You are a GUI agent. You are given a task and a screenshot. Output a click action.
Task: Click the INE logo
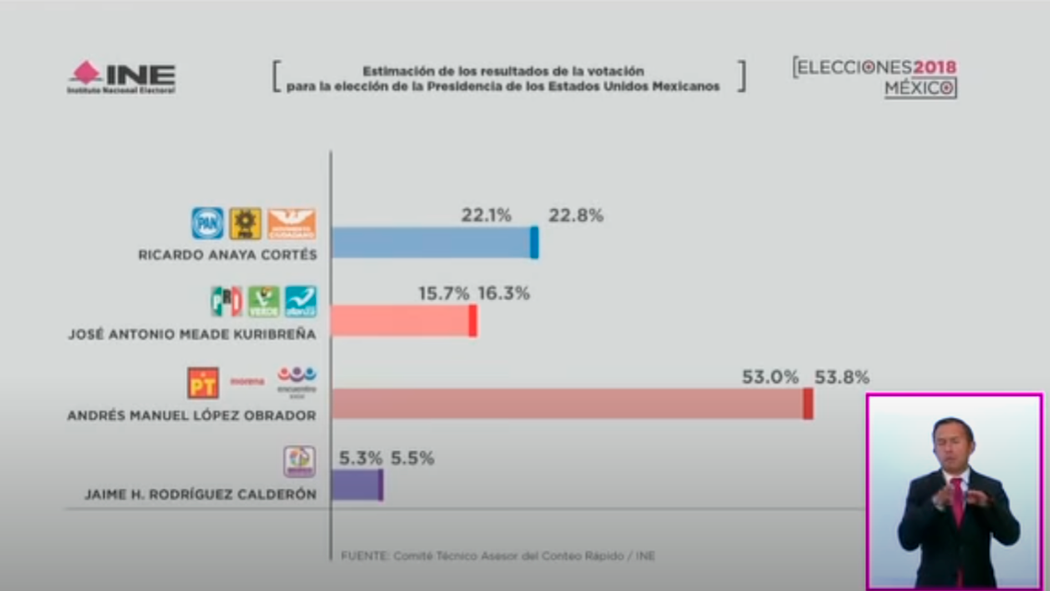point(121,77)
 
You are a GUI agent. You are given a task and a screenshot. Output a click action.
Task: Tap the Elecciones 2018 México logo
point(875,77)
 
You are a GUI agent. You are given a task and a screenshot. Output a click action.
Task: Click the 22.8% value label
point(576,215)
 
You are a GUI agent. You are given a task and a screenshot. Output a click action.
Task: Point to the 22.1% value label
point(486,215)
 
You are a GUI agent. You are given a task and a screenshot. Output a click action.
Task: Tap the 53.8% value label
point(841,377)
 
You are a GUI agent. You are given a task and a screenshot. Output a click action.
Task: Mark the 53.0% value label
point(770,377)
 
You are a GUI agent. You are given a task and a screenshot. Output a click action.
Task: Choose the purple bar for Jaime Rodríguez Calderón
point(356,484)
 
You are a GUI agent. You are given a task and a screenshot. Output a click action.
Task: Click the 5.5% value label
point(412,458)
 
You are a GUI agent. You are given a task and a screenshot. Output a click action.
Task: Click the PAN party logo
point(207,223)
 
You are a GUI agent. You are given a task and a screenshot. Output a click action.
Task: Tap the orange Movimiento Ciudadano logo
point(291,223)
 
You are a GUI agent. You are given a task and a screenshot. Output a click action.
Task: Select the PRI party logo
point(227,301)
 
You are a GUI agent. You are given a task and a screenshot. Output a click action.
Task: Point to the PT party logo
point(203,382)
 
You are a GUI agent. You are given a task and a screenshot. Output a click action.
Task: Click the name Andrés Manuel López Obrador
point(192,416)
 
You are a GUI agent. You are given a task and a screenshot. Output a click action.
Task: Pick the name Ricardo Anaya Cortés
point(227,255)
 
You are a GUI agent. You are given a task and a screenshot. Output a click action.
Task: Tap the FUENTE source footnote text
point(497,556)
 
